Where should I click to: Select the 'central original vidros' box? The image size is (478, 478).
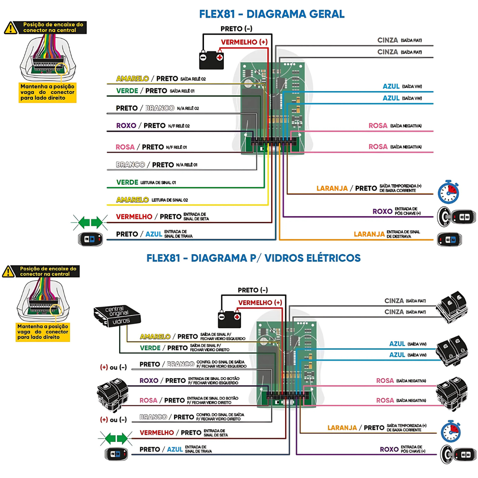[x=117, y=315]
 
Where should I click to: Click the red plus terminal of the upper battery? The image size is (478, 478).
[x=219, y=58]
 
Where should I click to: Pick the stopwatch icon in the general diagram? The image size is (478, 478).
[x=449, y=192]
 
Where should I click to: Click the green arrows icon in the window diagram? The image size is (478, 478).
[x=116, y=439]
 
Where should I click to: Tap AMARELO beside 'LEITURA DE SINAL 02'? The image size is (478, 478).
[x=132, y=200]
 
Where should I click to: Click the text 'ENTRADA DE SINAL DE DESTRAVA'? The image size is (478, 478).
[x=403, y=234]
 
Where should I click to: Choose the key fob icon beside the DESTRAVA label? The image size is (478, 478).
[x=450, y=240]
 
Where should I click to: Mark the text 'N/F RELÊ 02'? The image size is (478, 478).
[x=179, y=126]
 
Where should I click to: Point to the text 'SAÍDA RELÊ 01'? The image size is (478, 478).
[x=182, y=91]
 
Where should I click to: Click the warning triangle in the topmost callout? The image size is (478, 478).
[x=11, y=28]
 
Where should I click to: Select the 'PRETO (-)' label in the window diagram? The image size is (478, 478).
[x=253, y=290]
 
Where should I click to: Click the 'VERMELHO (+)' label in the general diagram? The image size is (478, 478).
[x=244, y=42]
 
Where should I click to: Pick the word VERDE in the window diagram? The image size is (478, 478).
[x=150, y=348]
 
